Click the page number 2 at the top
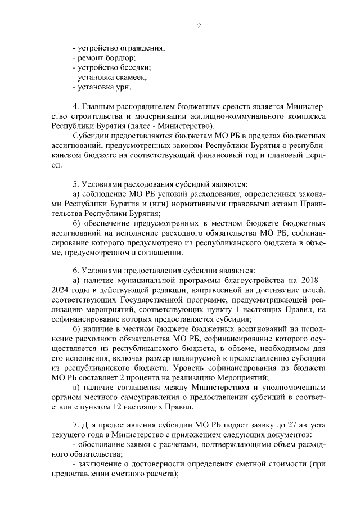(x=199, y=25)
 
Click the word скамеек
(x=130, y=78)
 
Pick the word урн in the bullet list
(x=122, y=88)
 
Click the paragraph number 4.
(x=76, y=107)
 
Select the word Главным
(x=98, y=107)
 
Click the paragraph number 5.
(x=76, y=184)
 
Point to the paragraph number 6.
(x=76, y=271)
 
